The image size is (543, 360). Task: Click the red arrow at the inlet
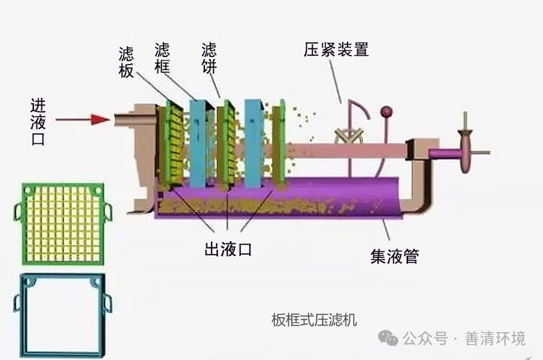point(82,120)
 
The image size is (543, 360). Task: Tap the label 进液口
point(38,120)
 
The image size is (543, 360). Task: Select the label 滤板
point(126,62)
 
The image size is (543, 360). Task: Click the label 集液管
point(394,255)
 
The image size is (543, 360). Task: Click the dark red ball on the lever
point(387,111)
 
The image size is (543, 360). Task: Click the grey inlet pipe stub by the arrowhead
point(124,120)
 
